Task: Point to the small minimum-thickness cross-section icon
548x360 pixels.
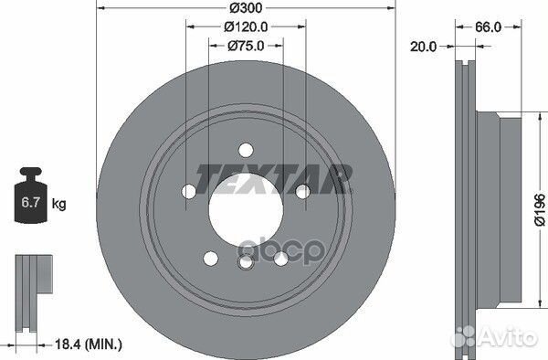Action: click(x=29, y=290)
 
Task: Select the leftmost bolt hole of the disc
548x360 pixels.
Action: click(x=188, y=191)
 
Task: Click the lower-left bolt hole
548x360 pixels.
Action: click(x=210, y=259)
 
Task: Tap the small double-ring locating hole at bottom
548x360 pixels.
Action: click(x=244, y=263)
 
